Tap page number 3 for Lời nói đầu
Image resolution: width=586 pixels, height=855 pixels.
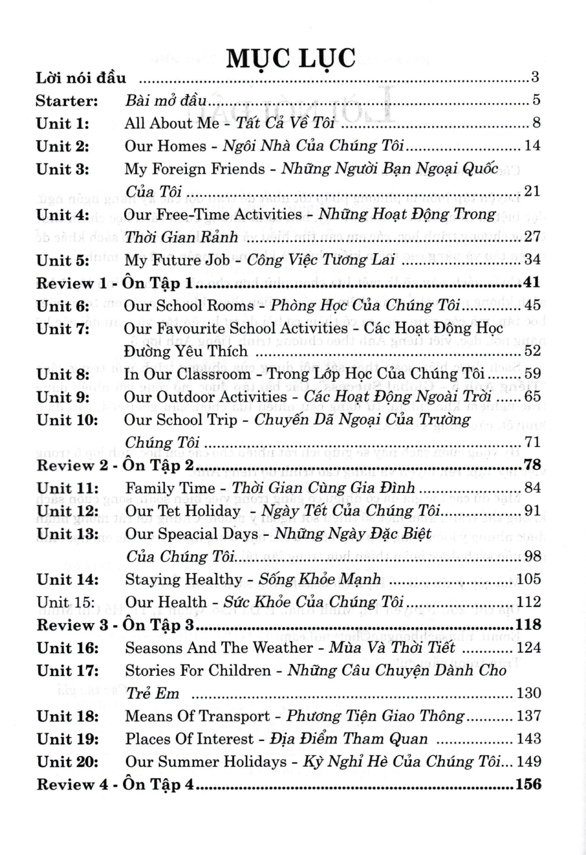pos(535,78)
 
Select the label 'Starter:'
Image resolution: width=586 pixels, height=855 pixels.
pos(67,101)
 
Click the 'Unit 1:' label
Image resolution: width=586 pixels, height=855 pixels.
pos(63,124)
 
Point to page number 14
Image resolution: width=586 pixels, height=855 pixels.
pos(532,146)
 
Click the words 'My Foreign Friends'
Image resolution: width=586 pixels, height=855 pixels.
pos(195,169)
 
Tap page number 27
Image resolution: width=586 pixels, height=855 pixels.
pos(532,237)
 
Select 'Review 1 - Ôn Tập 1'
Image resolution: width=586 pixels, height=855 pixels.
pos(114,283)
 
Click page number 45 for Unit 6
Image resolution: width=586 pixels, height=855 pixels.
pos(532,306)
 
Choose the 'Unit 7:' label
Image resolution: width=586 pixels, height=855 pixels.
pos(63,329)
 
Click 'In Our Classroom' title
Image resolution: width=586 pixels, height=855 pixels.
pos(188,374)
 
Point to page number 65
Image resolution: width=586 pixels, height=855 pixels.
pos(532,397)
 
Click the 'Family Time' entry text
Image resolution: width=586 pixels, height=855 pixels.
pos(170,488)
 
